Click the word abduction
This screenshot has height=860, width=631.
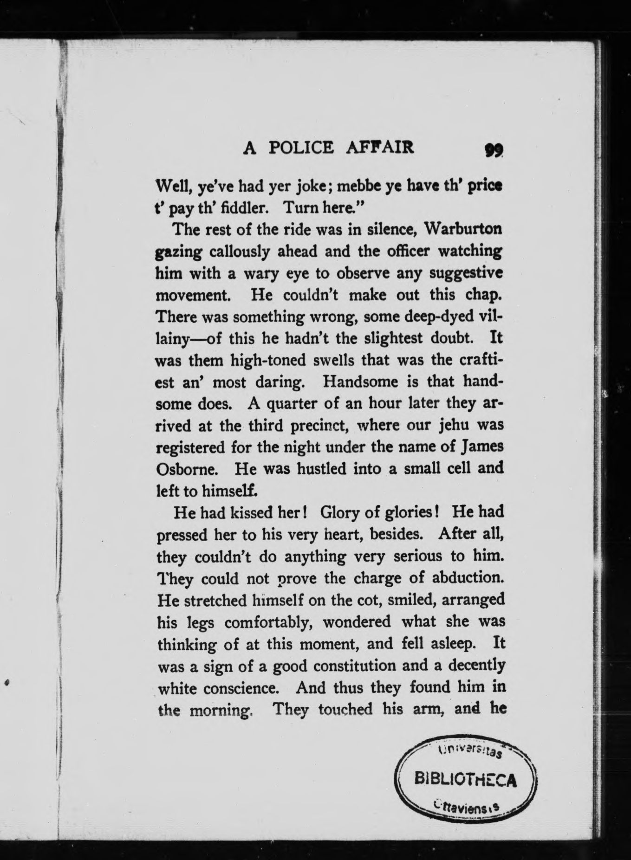tap(468, 578)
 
